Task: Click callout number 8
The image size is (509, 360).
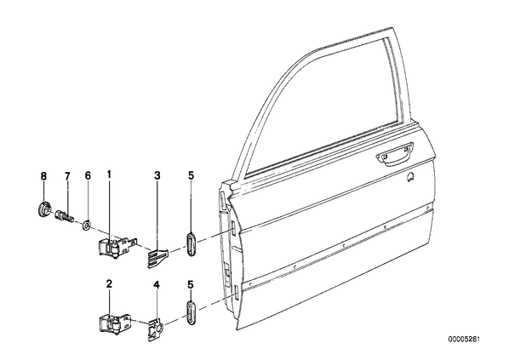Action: (43, 176)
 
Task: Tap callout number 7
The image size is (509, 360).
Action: (67, 176)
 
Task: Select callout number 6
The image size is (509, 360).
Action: (88, 175)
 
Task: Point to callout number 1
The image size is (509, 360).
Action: (109, 174)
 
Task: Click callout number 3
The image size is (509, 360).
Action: (157, 175)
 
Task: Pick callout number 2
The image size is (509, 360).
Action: (110, 284)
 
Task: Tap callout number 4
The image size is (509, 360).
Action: (157, 285)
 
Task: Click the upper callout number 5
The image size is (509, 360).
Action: (191, 175)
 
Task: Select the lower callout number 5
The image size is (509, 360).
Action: (191, 285)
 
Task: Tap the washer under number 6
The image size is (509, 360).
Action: (86, 225)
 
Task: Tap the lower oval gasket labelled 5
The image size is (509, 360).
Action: (191, 313)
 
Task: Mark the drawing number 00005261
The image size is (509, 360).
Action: (464, 339)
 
